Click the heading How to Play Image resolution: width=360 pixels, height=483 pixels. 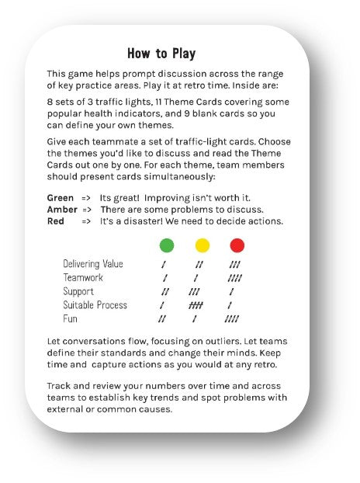coord(161,54)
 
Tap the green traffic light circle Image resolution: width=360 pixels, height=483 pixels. coord(166,246)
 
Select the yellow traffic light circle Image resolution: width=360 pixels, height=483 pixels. coord(202,246)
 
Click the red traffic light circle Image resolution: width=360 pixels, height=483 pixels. coord(237,246)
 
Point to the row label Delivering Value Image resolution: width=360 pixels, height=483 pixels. coord(93,265)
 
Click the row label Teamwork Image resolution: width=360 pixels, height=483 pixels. coord(83,278)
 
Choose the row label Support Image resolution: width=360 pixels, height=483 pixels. coord(78,291)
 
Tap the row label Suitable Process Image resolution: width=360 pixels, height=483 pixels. coord(95,305)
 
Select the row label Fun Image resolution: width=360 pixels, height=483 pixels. coord(71,318)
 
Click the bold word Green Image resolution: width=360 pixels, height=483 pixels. coord(61,197)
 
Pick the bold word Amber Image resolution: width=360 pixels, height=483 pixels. coord(62,210)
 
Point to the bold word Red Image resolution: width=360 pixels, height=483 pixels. coord(56,222)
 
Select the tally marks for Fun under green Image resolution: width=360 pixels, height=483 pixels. coord(162,318)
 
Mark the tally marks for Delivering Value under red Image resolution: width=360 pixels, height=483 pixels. coord(234,265)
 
